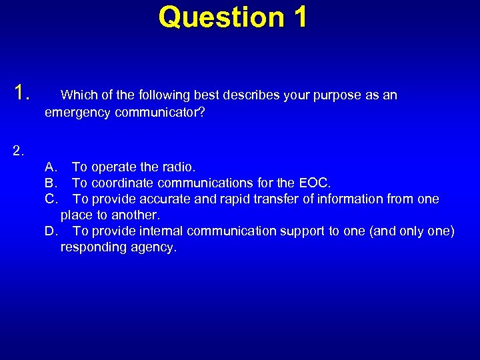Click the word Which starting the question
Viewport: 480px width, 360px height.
tap(78, 95)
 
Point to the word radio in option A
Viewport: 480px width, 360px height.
tap(179, 167)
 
